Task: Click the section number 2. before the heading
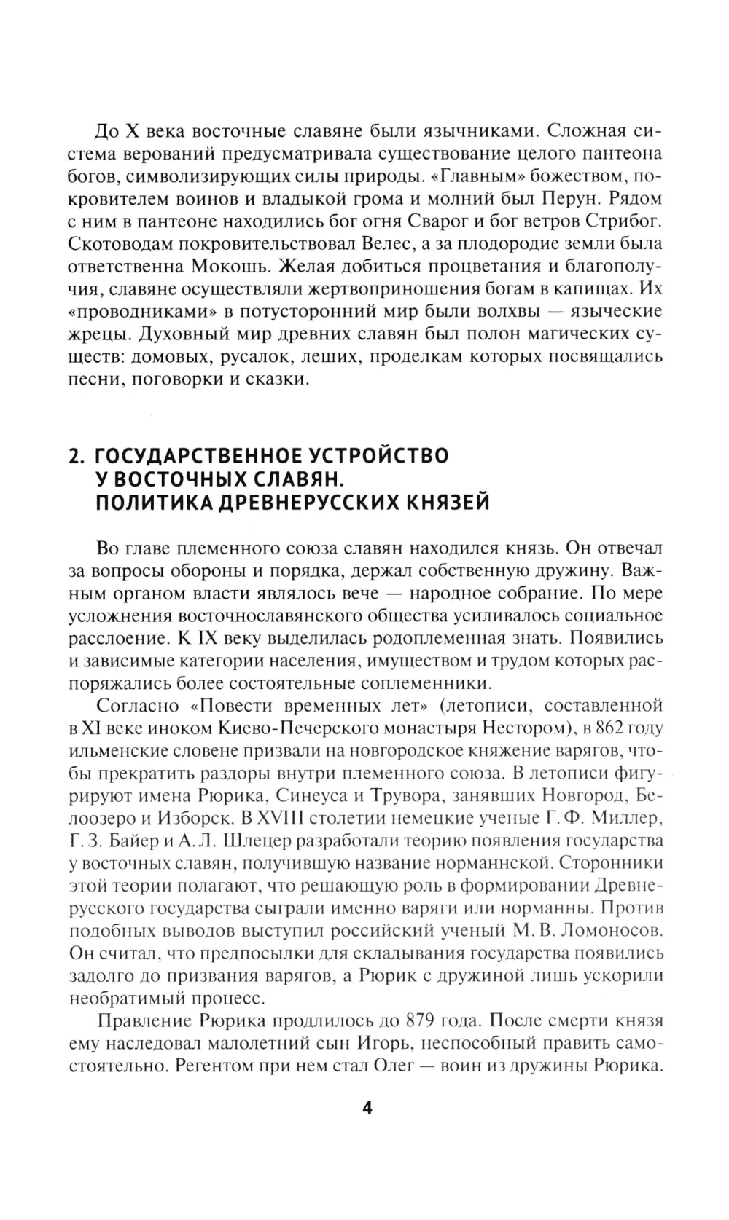(x=77, y=457)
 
